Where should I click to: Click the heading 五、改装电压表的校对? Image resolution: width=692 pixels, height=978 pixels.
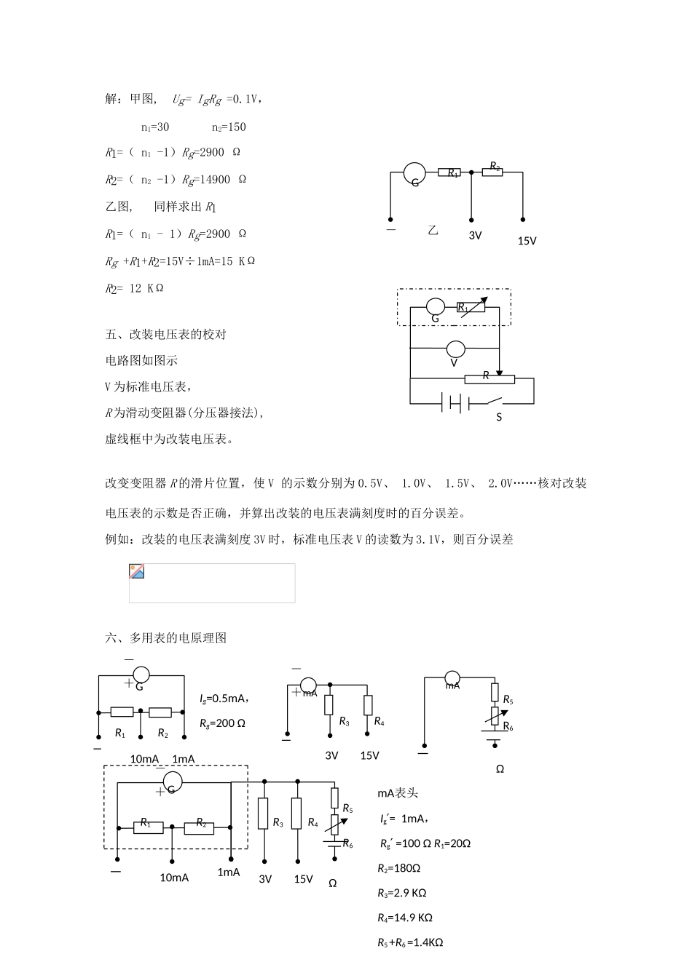[166, 335]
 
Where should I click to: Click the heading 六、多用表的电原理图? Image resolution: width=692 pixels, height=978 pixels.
[166, 638]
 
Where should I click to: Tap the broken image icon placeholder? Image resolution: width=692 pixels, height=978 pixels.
[136, 572]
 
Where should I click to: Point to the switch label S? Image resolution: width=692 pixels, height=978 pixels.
[499, 418]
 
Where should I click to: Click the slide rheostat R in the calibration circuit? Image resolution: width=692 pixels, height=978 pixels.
[489, 378]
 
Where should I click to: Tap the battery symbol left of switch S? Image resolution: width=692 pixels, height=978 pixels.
[455, 402]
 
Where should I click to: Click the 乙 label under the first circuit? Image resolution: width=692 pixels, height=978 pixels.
[433, 231]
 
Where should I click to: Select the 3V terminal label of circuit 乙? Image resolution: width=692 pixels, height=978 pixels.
[475, 236]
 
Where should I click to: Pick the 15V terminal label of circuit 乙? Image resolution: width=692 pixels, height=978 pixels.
[527, 241]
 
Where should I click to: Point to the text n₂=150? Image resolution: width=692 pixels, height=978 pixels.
[229, 127]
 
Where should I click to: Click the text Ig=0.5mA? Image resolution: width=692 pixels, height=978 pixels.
[224, 699]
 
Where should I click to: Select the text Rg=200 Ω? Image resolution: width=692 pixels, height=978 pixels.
[222, 723]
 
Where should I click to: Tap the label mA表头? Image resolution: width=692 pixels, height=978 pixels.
[398, 793]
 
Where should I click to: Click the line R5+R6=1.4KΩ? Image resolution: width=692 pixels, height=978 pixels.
[410, 942]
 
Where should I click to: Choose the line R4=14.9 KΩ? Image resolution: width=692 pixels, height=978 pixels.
[405, 918]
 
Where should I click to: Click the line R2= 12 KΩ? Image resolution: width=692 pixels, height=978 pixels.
[135, 288]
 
